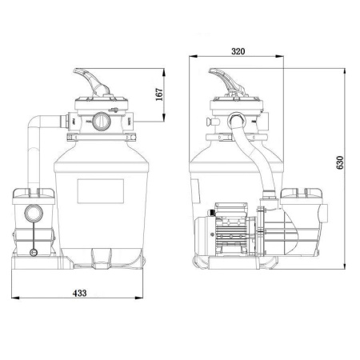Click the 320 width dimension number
click(238, 50)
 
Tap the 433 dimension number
click(80, 294)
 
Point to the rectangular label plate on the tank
click(101, 191)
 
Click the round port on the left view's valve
click(100, 122)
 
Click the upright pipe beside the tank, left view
click(34, 156)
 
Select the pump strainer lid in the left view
click(34, 193)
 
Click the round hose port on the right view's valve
click(238, 122)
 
